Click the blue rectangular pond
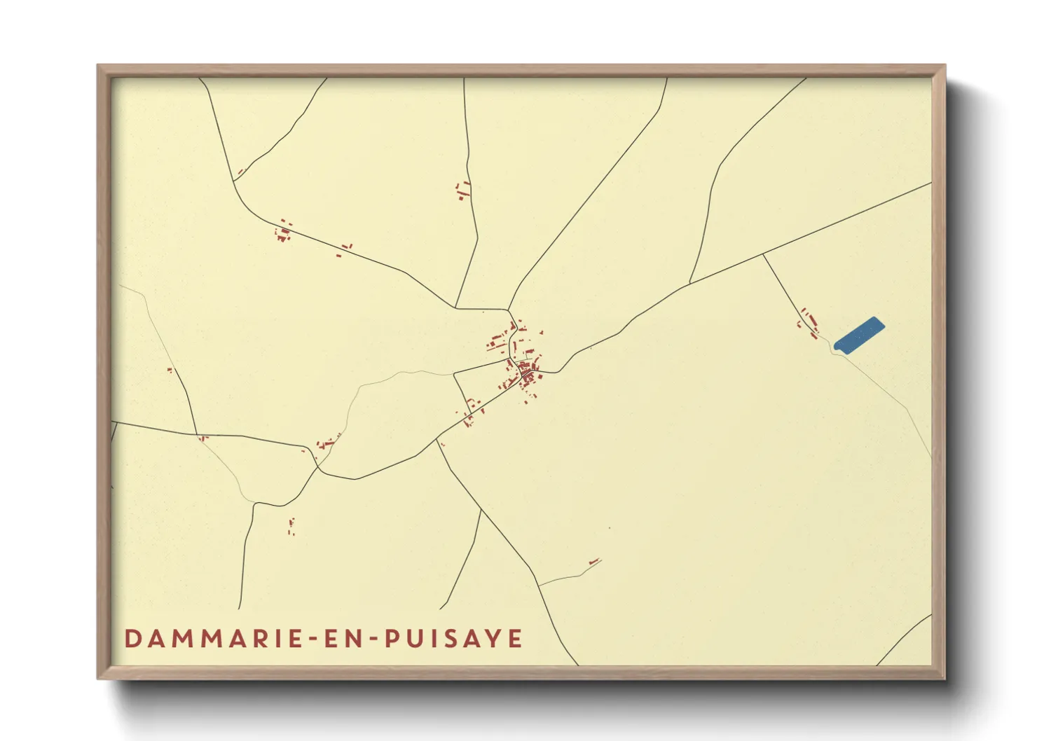[859, 335]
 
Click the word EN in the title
[344, 639]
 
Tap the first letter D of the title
[132, 639]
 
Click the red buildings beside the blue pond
[808, 321]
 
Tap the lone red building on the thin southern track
[594, 561]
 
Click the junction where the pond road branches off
[763, 255]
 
